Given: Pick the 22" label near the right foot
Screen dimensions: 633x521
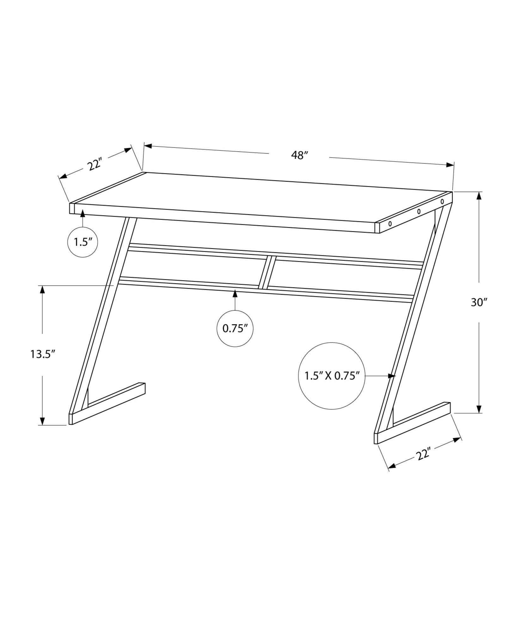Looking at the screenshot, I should coord(424,455).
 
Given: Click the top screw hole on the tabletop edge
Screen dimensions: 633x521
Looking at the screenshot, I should coord(442,201).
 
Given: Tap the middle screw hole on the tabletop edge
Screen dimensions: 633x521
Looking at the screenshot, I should coord(419,211).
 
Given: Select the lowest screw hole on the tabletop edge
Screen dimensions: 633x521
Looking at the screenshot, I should coord(390,224).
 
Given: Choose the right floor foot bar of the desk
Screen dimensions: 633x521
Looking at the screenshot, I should coord(413,423).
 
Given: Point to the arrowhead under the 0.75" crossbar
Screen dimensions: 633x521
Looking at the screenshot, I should coord(235,294).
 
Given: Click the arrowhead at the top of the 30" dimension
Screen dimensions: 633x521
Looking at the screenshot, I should coord(479,196).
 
